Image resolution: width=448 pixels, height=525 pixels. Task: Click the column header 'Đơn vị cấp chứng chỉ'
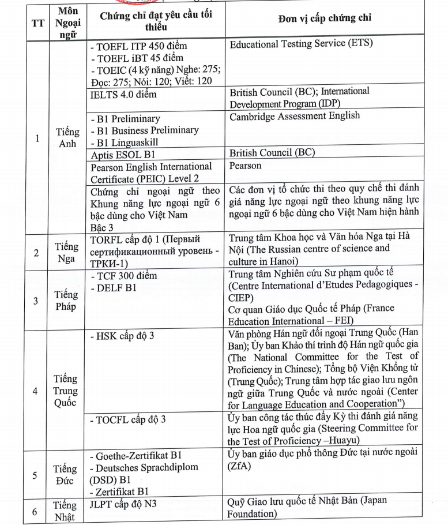325,18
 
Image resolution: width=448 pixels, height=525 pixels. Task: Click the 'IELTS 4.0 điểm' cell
119,94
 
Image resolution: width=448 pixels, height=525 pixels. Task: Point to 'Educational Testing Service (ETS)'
301,43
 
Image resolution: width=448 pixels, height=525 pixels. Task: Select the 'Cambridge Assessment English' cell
295,116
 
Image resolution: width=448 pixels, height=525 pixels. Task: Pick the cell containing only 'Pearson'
246,166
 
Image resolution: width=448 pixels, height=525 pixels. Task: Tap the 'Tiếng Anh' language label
68,138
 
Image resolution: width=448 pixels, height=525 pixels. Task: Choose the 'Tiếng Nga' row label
67,252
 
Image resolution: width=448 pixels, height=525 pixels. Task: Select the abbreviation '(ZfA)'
240,464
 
